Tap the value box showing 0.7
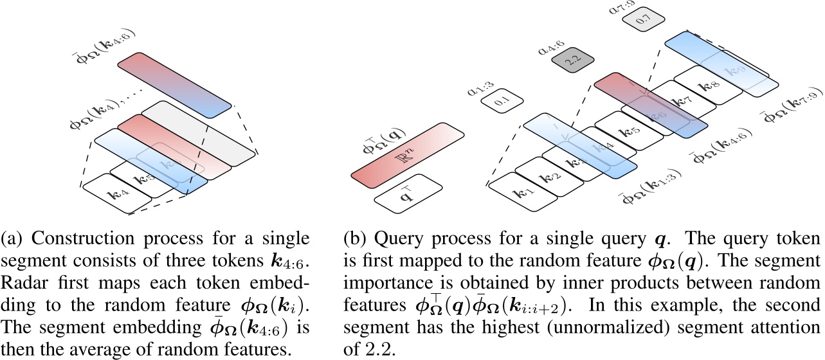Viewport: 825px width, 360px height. pyautogui.click(x=640, y=22)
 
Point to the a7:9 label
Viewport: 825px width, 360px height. pyautogui.click(x=620, y=9)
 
